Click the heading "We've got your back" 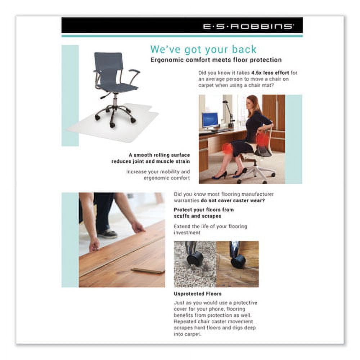pos(203,49)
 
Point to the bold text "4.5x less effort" pos(275,73)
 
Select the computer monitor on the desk pos(210,120)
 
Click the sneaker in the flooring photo pos(107,234)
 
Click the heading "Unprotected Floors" pos(198,294)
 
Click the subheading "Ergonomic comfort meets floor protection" pos(216,60)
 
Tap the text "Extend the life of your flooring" pos(210,226)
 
